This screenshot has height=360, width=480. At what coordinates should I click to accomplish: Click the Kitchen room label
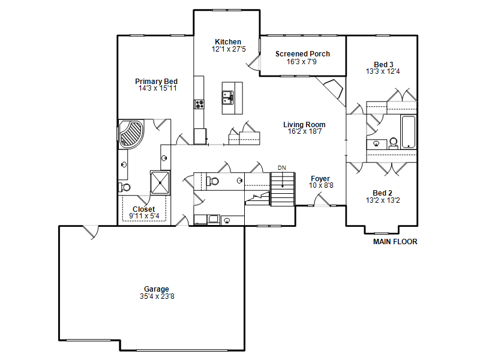click(x=228, y=41)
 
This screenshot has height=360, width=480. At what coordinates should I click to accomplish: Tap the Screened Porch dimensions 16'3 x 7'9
click(x=302, y=62)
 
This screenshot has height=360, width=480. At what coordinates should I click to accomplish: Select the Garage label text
click(x=157, y=289)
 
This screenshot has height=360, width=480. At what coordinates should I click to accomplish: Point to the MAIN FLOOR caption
click(x=395, y=242)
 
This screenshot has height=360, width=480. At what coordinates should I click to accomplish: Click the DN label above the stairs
click(x=282, y=168)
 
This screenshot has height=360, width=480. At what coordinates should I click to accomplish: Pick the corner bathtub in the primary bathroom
click(x=131, y=134)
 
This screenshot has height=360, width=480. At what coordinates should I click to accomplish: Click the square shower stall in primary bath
click(x=160, y=183)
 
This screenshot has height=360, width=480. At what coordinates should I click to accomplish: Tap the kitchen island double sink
click(x=228, y=98)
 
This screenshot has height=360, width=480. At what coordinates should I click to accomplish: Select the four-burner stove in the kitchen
click(x=199, y=104)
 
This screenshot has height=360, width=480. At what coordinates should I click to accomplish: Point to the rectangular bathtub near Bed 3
click(x=409, y=132)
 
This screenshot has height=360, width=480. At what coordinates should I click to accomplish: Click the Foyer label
click(x=320, y=178)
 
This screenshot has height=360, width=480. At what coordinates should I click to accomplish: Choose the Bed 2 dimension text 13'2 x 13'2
click(x=383, y=200)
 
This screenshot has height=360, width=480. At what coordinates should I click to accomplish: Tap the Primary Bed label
click(x=156, y=82)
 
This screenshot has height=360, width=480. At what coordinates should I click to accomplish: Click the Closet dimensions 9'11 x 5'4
click(x=144, y=216)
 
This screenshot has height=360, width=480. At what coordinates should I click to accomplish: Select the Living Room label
click(x=304, y=125)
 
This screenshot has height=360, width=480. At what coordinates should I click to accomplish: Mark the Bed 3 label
click(x=383, y=65)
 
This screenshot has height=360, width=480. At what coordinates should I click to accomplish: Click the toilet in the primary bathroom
click(x=124, y=187)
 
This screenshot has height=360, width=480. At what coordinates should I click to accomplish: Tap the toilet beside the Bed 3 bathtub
click(x=394, y=143)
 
